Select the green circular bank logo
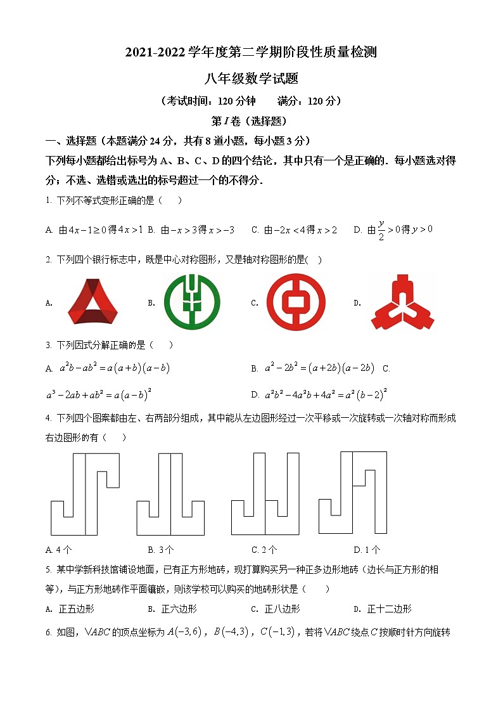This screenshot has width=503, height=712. tap(192, 303)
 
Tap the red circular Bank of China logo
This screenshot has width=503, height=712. tap(295, 302)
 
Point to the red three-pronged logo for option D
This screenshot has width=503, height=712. tap(404, 303)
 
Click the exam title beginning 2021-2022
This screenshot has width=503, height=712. tap(251, 53)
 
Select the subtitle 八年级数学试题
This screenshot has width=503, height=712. tap(251, 79)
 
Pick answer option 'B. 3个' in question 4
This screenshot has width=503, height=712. tap(161, 550)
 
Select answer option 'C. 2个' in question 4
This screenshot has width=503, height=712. tap(264, 550)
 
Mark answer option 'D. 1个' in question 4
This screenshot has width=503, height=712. tap(367, 550)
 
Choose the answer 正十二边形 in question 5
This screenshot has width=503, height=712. tap(389, 609)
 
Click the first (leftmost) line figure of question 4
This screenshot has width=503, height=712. tap(85, 494)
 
